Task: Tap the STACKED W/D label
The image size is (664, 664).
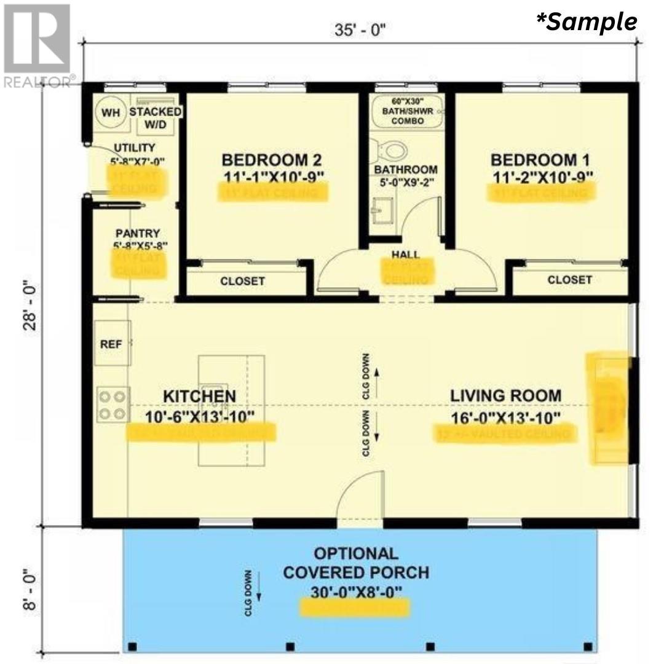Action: click(155, 117)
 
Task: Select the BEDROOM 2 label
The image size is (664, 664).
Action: click(271, 160)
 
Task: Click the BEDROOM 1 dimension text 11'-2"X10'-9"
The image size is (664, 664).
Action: click(543, 177)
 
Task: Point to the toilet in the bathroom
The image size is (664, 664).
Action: click(392, 149)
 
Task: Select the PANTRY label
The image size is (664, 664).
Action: click(138, 234)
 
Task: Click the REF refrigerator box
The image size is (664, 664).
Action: click(111, 344)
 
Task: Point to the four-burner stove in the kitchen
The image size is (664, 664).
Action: click(113, 404)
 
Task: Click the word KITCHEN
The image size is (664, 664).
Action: click(199, 396)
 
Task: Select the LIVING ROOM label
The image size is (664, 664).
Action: click(505, 396)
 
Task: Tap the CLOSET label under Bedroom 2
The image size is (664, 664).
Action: click(242, 281)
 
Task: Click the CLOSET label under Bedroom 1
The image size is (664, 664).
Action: click(569, 280)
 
